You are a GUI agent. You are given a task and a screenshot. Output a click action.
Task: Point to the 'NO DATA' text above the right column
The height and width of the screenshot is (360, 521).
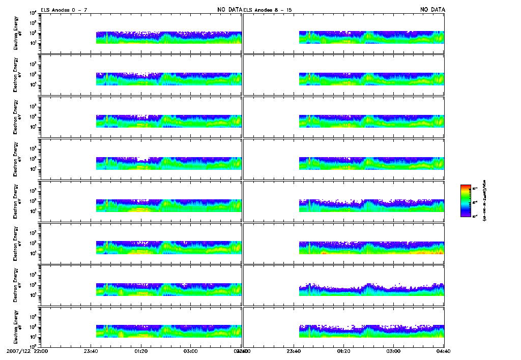point(432,10)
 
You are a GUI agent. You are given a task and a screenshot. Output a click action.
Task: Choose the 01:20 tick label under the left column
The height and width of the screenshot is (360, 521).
point(141,351)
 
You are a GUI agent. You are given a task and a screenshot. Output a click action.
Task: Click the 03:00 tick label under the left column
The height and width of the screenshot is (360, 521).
point(191,351)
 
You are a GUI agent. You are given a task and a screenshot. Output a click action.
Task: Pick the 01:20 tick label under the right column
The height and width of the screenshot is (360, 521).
point(343,351)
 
